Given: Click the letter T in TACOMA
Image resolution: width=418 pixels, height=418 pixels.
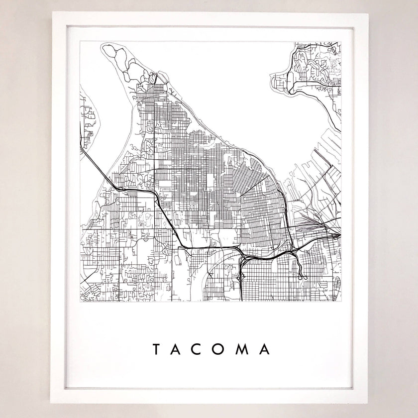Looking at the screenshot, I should [155, 350].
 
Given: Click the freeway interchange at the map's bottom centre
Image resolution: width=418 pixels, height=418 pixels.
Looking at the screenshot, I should [242, 258].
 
